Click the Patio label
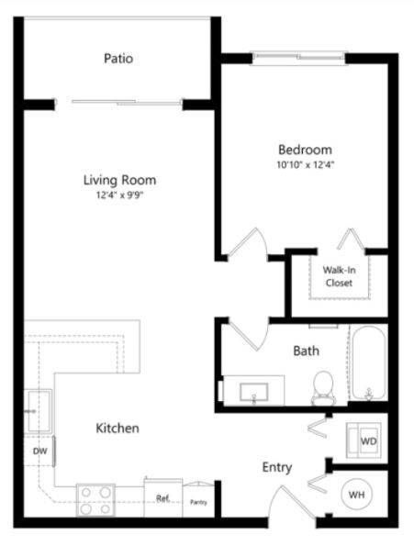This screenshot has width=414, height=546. tap(118, 58)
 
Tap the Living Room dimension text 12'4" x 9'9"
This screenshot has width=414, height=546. tap(120, 195)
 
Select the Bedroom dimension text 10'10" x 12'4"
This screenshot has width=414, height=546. tap(306, 164)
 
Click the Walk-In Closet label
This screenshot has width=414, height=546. tap(339, 276)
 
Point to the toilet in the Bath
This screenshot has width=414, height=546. tap(323, 388)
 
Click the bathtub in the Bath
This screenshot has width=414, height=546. tap(368, 362)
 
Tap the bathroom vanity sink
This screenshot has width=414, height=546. tap(254, 393)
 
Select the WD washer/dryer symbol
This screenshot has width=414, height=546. tap(364, 440)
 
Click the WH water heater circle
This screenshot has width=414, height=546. tap(356, 495)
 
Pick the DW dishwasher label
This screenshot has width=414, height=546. tap(40, 451)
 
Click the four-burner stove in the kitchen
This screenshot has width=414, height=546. tap(95, 500)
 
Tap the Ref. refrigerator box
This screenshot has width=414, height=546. tap(163, 498)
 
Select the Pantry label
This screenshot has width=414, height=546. tap(199, 502)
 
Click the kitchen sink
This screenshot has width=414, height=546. tap(39, 412)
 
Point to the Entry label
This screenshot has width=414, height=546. tap(277, 467)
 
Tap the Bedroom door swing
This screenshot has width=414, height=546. tap(248, 243)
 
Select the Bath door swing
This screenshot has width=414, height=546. tap(249, 335)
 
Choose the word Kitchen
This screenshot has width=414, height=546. tap(117, 428)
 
